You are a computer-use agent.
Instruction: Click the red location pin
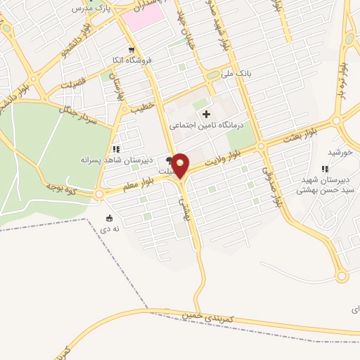[x=181, y=165]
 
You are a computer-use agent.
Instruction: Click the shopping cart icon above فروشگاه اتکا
[x=131, y=50]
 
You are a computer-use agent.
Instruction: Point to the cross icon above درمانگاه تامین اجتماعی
[x=206, y=114]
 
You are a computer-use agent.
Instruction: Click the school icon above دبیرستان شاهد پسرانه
[x=116, y=149]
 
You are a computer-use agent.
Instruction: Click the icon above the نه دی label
[x=108, y=217]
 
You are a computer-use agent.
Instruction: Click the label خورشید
[x=340, y=153]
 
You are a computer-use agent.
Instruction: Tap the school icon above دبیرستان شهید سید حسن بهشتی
[x=324, y=169]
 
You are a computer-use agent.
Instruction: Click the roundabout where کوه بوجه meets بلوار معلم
[x=100, y=193]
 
